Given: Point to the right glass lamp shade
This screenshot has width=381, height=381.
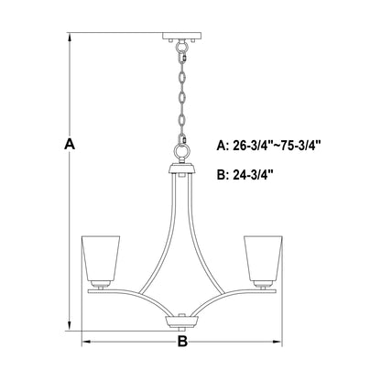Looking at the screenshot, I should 263,260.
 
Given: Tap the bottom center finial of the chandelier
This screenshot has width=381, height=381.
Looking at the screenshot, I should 181,323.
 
